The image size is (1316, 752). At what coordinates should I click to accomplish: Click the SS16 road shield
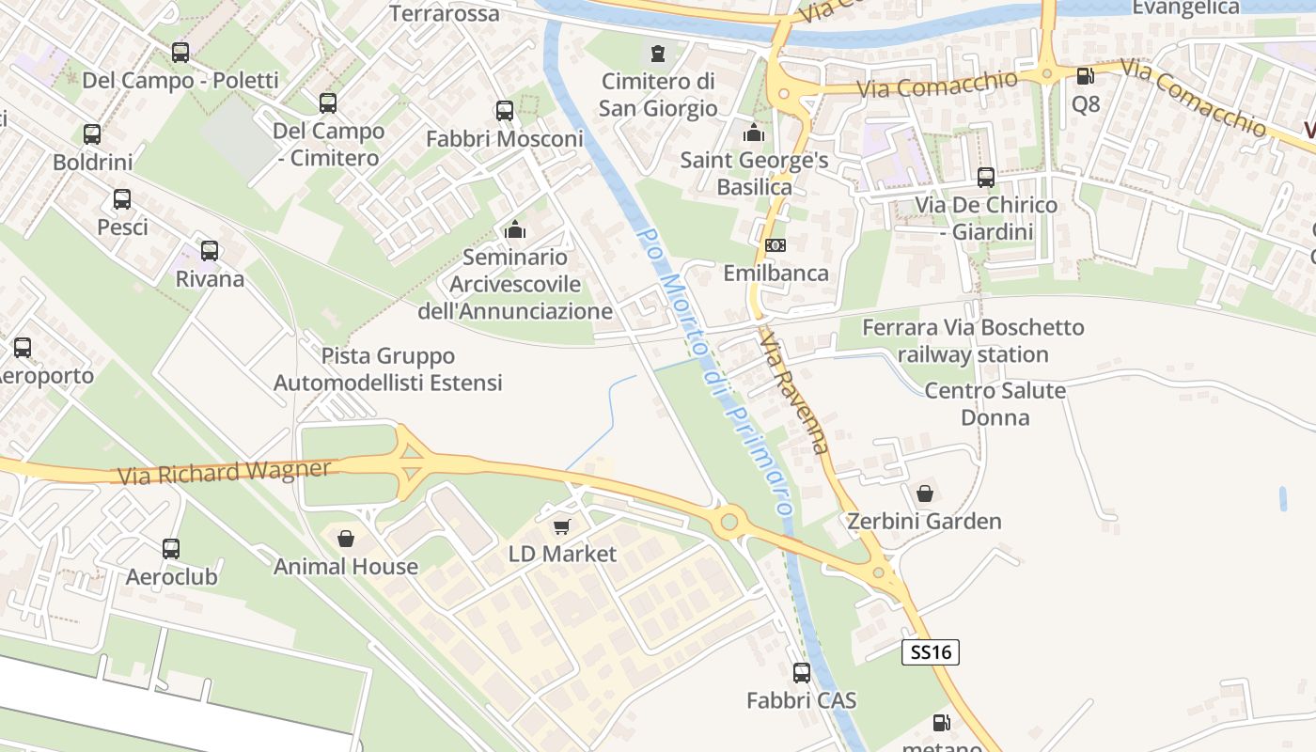(930, 652)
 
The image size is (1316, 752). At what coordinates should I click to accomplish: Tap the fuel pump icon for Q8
(1085, 77)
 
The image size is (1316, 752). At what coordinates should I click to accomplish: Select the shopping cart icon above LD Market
(561, 527)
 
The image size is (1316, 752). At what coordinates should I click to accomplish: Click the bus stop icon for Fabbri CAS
(802, 673)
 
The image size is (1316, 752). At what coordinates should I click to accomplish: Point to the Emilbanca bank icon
(775, 245)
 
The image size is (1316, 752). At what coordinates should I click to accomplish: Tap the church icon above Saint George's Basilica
(753, 133)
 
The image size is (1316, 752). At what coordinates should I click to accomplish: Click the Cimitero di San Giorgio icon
(657, 54)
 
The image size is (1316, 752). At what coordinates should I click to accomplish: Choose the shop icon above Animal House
(346, 540)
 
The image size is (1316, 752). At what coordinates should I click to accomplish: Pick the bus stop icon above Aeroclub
(171, 549)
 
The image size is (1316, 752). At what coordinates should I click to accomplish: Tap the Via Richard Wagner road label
(225, 472)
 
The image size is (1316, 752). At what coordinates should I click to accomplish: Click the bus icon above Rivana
(210, 252)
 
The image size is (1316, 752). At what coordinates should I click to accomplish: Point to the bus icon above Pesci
(122, 199)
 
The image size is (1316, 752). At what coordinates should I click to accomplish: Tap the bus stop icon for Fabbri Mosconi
(505, 111)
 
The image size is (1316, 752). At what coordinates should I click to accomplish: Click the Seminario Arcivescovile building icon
(515, 229)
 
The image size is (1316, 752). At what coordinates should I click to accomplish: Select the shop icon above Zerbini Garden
(925, 493)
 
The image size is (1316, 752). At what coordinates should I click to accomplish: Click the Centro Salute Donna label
(995, 403)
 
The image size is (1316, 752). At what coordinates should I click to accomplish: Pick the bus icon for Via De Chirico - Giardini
(986, 177)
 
